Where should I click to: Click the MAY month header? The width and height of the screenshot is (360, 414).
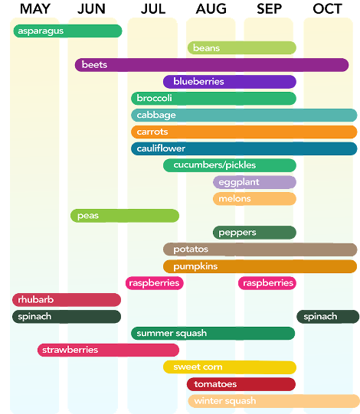[x=35, y=9]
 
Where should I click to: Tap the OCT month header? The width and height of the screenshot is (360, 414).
[x=328, y=9]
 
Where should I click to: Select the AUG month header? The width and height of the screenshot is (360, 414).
[x=211, y=9]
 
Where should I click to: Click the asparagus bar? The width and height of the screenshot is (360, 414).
[x=67, y=31]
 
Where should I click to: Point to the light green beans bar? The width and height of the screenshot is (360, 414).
[x=242, y=47]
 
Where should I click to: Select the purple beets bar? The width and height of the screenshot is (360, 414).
[x=211, y=65]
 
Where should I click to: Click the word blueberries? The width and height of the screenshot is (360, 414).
[x=198, y=81]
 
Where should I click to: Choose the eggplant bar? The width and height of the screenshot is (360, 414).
[x=254, y=182]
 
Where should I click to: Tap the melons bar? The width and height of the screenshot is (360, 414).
[x=254, y=199]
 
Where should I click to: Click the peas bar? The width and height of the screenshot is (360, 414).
[x=125, y=216]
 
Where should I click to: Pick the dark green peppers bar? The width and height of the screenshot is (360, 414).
[x=254, y=233]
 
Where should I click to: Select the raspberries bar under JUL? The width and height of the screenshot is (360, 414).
[x=155, y=283]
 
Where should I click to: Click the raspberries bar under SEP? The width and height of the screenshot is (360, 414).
[x=267, y=283]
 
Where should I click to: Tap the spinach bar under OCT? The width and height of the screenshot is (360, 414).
[x=328, y=317]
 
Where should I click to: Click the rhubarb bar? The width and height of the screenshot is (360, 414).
[x=67, y=300]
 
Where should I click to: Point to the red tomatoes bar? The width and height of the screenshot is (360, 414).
[x=241, y=384]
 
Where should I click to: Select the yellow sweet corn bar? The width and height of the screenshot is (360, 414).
[x=230, y=367]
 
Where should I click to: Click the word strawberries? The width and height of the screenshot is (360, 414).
[x=70, y=350]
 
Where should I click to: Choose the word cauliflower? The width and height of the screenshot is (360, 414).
[x=161, y=148]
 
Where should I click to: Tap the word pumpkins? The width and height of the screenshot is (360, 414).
[x=195, y=266]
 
